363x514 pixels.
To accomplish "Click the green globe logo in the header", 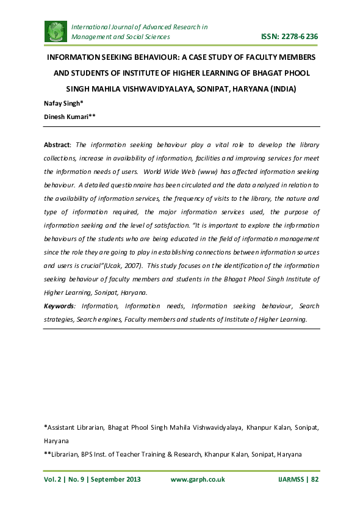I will pyautogui.click(x=56, y=31).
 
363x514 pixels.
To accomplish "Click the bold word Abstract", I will pyautogui.click(x=57, y=145).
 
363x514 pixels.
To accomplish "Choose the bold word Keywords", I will pyautogui.click(x=60, y=305).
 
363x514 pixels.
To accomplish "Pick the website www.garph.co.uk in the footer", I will pyautogui.click(x=198, y=479).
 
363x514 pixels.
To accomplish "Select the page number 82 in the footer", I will pyautogui.click(x=315, y=479).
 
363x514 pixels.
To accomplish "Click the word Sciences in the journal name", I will pyautogui.click(x=156, y=37).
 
